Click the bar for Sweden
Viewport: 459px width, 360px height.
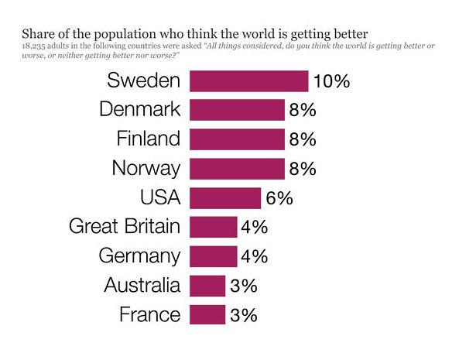coord(248,81)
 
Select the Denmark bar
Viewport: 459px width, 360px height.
coord(237,110)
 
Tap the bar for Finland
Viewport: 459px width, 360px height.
coord(237,139)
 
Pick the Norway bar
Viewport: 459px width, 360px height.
coord(237,169)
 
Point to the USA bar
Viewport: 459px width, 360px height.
coord(225,198)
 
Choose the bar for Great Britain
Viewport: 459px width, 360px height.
coord(214,227)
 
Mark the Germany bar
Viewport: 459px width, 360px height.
coord(214,256)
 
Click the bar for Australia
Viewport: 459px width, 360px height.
coord(207,286)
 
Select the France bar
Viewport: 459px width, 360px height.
coord(207,314)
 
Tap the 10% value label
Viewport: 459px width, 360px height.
coord(331,81)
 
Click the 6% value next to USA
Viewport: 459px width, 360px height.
coord(279,198)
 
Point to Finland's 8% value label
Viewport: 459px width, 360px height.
coord(303,139)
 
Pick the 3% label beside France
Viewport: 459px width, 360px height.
coord(244,315)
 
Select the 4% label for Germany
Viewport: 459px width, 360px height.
coord(255,256)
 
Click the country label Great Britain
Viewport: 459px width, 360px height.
coord(125,226)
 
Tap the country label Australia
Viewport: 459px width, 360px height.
coord(142,285)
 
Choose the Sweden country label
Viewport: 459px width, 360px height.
coord(143,81)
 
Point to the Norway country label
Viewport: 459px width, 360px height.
coord(146,169)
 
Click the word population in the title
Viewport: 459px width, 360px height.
coord(125,35)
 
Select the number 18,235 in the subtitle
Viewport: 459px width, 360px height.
coord(33,46)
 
